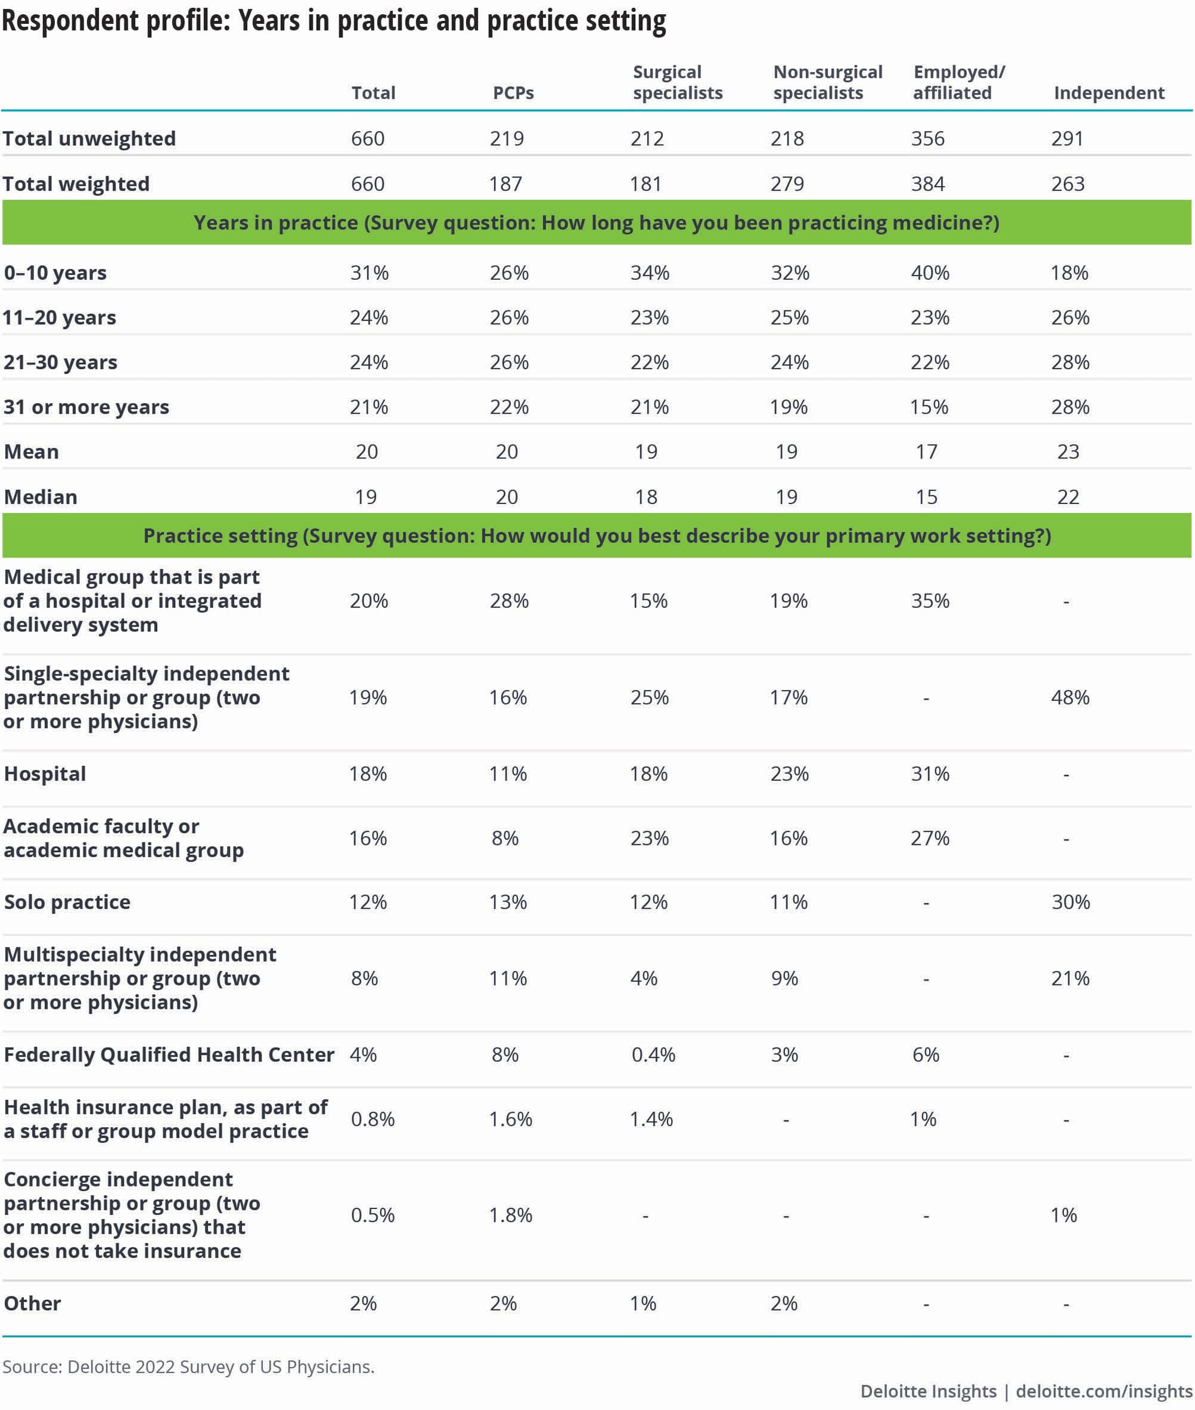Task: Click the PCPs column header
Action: [x=513, y=93]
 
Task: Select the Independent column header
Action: [x=1109, y=93]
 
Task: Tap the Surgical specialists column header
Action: [x=678, y=82]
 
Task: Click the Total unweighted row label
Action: [x=89, y=138]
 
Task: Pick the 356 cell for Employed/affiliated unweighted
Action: [x=927, y=138]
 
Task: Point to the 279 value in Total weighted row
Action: [x=787, y=184]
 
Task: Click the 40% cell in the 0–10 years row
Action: [x=930, y=273]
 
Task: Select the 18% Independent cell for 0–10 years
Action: [x=1070, y=273]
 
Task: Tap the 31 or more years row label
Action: [x=86, y=407]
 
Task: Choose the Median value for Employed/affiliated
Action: [x=927, y=497]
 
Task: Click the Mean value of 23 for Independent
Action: [x=1068, y=451]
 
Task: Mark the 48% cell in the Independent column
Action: [x=1070, y=698]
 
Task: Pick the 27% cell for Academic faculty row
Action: [x=930, y=838]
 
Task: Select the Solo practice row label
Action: [x=67, y=902]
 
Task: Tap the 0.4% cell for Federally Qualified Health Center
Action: [x=653, y=1054]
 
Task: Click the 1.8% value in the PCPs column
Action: [x=511, y=1215]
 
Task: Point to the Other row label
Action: [x=32, y=1303]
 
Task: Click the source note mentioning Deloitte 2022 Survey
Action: [x=188, y=1366]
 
